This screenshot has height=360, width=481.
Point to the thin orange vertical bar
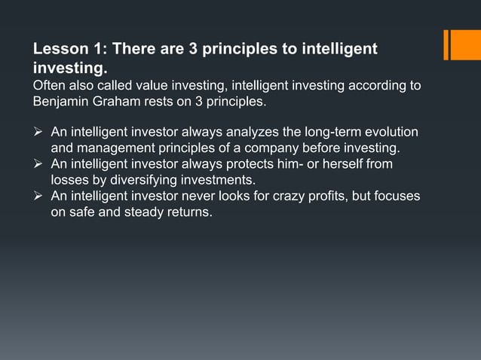pyautogui.click(x=446, y=44)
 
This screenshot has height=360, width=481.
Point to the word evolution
pyautogui.click(x=392, y=133)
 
